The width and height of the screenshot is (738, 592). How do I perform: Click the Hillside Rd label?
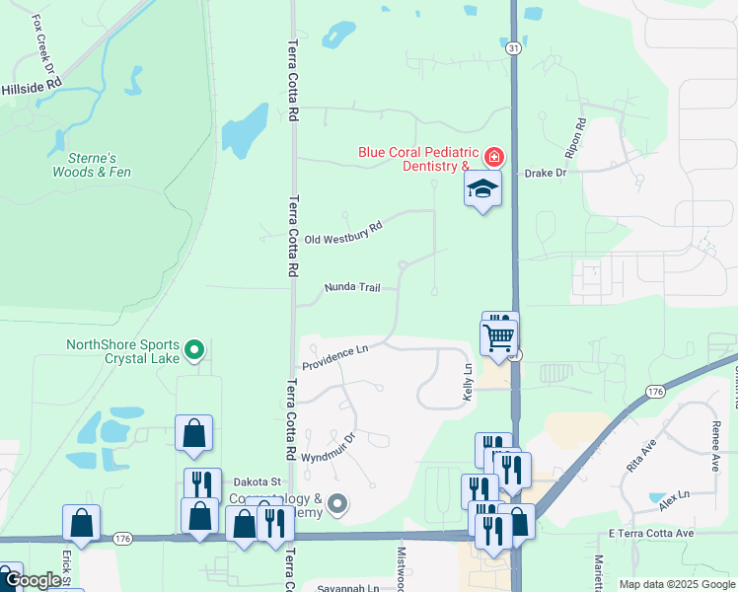[32, 88]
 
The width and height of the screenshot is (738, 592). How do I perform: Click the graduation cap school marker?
[483, 188]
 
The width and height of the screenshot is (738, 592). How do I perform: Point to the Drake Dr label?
[546, 173]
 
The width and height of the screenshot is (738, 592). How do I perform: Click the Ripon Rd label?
[576, 139]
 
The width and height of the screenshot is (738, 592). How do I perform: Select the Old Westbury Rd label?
[342, 233]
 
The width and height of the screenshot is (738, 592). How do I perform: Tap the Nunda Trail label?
[352, 288]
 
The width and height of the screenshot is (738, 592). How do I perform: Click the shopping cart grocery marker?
[499, 337]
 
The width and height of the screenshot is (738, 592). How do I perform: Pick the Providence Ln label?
[334, 356]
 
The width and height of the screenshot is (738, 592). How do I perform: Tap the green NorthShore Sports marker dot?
[195, 348]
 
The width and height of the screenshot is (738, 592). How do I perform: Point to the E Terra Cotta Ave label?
[651, 533]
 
